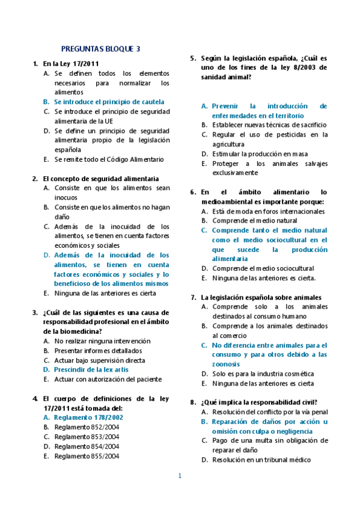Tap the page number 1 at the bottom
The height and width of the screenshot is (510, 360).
click(x=179, y=476)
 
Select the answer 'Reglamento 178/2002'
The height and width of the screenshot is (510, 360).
click(x=88, y=417)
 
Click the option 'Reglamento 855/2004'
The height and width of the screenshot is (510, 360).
click(x=87, y=456)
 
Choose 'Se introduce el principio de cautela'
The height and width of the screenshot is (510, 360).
click(x=109, y=102)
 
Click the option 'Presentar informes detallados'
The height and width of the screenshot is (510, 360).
click(x=98, y=351)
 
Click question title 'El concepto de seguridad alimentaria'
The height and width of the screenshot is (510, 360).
click(x=101, y=179)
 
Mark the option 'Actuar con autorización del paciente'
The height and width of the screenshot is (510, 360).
click(x=108, y=379)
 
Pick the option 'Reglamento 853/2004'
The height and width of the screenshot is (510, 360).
click(x=87, y=437)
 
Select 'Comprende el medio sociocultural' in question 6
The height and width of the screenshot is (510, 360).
click(x=263, y=268)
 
